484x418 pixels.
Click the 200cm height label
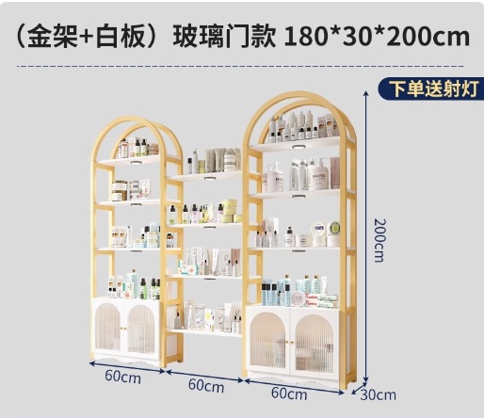379,240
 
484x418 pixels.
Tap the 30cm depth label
379,394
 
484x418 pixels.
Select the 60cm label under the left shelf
123,377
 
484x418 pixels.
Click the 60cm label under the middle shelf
206,386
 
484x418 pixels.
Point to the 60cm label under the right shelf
289,394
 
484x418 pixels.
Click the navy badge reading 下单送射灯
432,88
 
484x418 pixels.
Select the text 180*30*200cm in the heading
377,37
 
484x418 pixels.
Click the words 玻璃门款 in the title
225,37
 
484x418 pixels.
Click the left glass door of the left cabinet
108,327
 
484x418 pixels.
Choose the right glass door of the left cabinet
141,329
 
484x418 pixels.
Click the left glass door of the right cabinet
268,340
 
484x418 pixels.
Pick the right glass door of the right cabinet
315,343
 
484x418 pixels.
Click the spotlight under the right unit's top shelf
298,147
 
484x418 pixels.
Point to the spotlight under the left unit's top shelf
136,163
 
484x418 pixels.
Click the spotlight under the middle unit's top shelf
209,179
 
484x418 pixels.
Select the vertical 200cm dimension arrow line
365,237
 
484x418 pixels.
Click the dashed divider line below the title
240,66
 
